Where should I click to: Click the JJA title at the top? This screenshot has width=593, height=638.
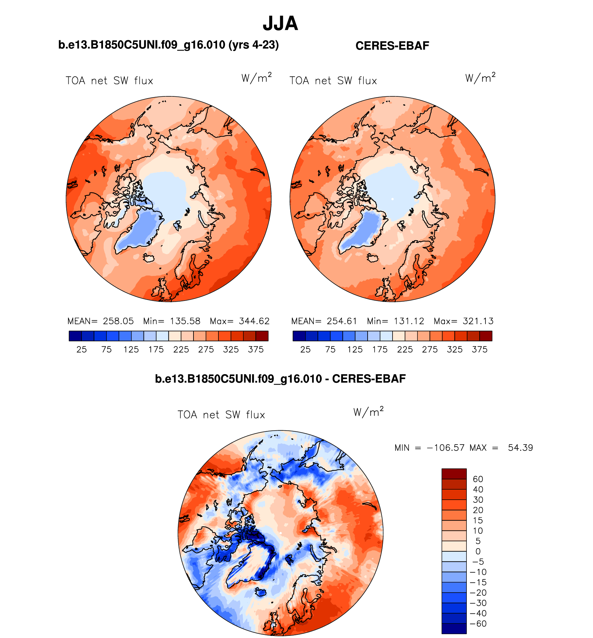coord(280,24)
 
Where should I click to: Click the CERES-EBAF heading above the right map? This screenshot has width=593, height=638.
coord(392,46)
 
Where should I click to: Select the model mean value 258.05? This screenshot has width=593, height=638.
coord(118,321)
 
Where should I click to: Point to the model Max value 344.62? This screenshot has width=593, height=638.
coord(254,321)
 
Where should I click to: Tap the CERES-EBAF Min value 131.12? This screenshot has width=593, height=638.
coord(409,321)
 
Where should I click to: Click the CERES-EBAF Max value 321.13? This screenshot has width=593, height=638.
coord(478,321)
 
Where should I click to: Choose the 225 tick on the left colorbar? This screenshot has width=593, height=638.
coord(181,350)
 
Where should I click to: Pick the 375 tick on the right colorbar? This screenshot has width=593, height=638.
coord(480,350)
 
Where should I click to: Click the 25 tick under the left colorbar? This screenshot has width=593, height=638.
coord(81,350)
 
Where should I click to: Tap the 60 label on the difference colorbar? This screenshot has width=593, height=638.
coord(478,479)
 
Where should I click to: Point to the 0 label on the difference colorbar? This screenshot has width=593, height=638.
coord(478,551)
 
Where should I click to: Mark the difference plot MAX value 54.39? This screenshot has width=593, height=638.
coord(520,448)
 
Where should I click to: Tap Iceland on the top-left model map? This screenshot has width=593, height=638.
coord(149,258)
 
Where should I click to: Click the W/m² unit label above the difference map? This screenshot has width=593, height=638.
coord(368,412)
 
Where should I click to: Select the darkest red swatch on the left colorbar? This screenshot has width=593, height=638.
coord(262,336)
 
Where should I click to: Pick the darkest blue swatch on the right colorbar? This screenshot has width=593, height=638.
coord(299,336)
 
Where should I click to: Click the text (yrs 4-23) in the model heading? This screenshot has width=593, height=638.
coord(253,45)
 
